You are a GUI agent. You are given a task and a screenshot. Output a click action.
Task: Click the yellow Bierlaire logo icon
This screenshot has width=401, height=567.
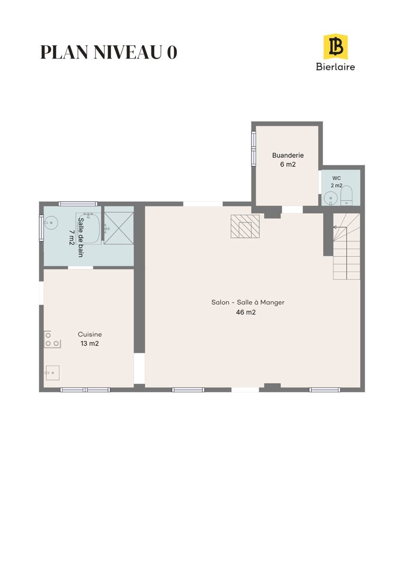tap(335, 47)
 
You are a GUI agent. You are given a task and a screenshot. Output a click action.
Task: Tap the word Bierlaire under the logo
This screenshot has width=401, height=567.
tap(335, 67)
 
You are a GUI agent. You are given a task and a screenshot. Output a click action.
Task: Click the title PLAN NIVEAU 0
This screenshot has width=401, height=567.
tap(109, 52)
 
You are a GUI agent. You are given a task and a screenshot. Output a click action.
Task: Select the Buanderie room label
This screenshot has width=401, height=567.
tap(288, 155)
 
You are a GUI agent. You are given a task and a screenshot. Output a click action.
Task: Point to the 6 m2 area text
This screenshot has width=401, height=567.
tap(288, 164)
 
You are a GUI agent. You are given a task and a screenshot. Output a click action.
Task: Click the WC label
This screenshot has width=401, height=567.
tap(336, 178)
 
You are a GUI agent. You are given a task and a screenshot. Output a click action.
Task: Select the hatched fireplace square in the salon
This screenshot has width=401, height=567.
tap(245, 226)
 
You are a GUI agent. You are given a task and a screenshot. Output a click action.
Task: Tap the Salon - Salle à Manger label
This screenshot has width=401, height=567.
tap(248, 302)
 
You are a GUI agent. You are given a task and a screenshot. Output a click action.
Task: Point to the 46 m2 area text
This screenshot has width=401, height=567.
tap(246, 312)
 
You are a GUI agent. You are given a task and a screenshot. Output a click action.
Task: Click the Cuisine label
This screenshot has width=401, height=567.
tap(90, 335)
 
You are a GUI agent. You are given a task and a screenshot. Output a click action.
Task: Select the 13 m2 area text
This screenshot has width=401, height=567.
tap(90, 344)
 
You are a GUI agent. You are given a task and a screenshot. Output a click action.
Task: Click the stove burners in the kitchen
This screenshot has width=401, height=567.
tap(52, 339)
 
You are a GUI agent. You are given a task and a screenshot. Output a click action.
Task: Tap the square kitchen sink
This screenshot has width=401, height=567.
tap(52, 373)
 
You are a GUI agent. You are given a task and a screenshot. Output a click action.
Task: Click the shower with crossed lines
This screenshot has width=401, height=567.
tap(119, 228)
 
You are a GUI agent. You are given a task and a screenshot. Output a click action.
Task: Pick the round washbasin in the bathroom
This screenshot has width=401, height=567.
tap(51, 223)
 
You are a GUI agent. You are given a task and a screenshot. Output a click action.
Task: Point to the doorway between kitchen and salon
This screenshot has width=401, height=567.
tap(139, 369)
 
